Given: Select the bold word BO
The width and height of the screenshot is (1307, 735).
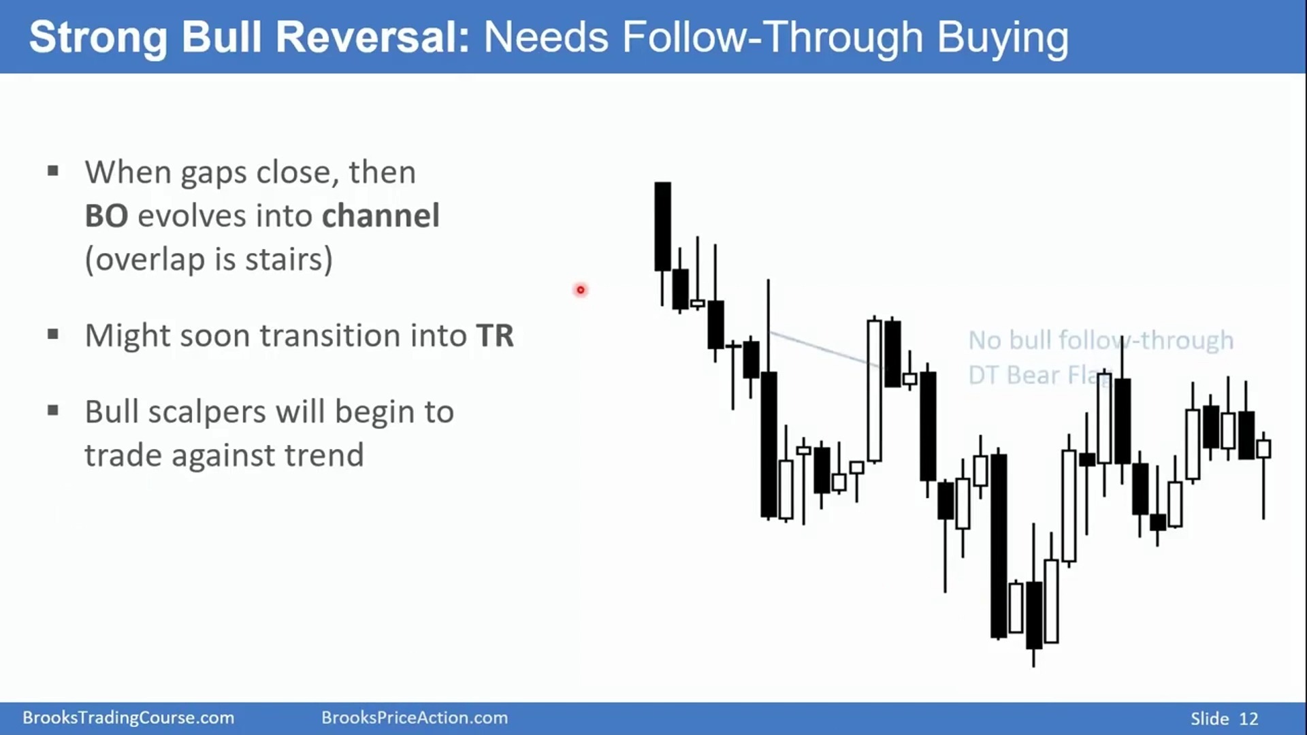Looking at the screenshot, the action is point(106,216).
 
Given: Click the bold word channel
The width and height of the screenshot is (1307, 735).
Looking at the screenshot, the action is point(381,215).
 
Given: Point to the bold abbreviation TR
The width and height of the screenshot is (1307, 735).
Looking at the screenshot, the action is point(495,336).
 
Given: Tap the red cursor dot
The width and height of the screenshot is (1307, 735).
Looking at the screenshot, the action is point(581,290).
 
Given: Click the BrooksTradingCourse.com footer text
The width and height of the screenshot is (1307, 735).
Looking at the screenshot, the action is point(128,718).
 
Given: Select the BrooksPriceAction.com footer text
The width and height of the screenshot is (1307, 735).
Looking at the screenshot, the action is point(415,718).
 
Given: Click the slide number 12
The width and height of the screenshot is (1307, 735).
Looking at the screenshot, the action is point(1248,719).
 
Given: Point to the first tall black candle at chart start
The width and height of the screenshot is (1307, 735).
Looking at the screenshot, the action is point(662,227).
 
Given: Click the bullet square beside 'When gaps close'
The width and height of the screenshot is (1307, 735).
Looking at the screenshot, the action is point(53,171).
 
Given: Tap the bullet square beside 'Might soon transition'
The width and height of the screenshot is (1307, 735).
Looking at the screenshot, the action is point(53,334).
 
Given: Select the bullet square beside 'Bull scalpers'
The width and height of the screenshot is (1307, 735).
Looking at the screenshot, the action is point(53,410).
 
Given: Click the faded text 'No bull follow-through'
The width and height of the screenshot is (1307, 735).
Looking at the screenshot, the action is point(1101,340).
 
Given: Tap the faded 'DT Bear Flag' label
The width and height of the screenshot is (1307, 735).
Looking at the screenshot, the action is point(1039,375).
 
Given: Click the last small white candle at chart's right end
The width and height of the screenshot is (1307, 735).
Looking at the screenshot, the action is point(1263,448).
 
